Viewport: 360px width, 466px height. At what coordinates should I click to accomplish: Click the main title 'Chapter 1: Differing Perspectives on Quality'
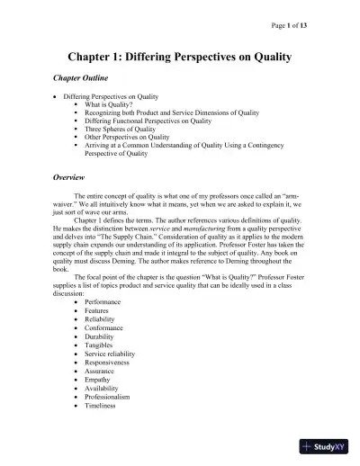click(x=179, y=57)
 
